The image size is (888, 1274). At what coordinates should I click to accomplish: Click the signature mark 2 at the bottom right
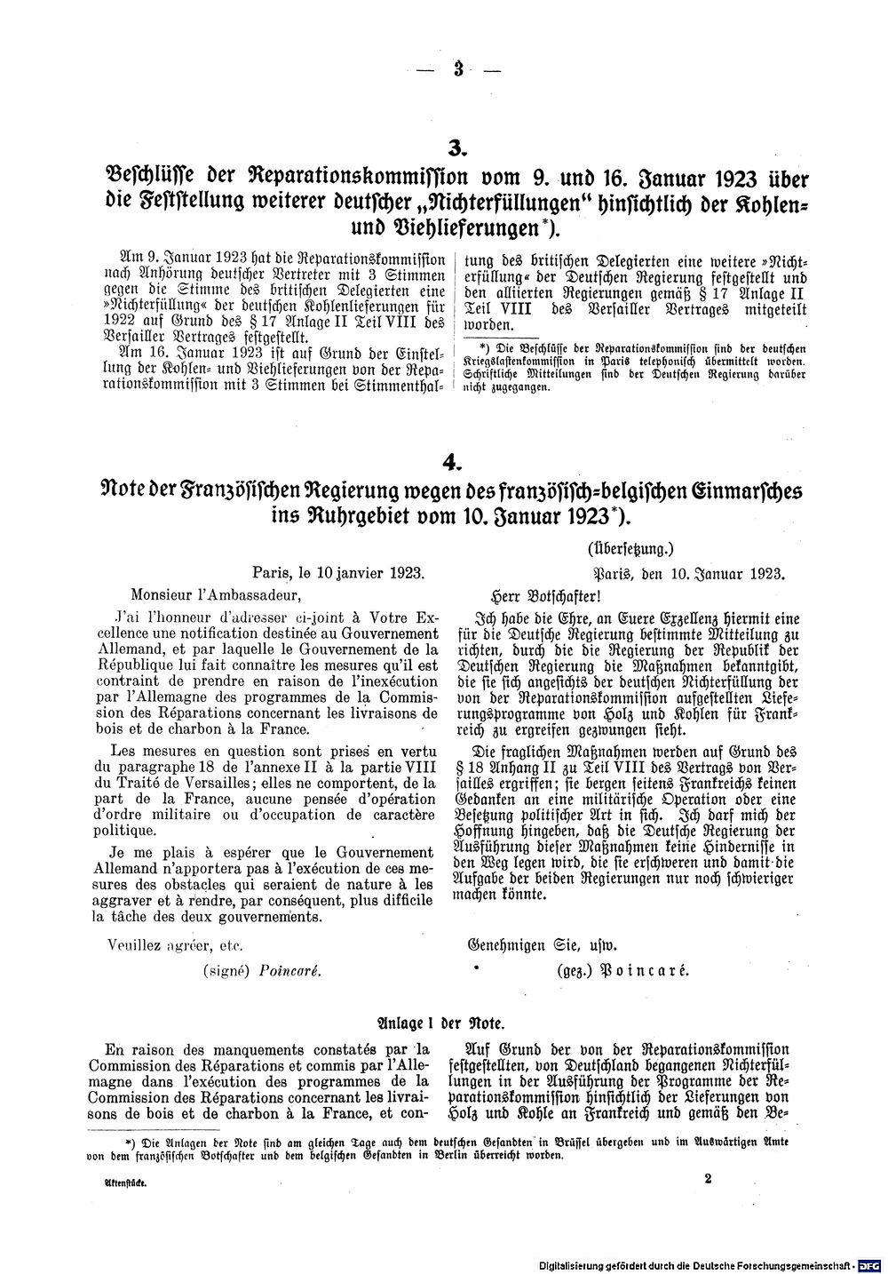(708, 1178)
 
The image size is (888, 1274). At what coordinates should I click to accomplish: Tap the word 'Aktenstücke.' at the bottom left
(123, 1184)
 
